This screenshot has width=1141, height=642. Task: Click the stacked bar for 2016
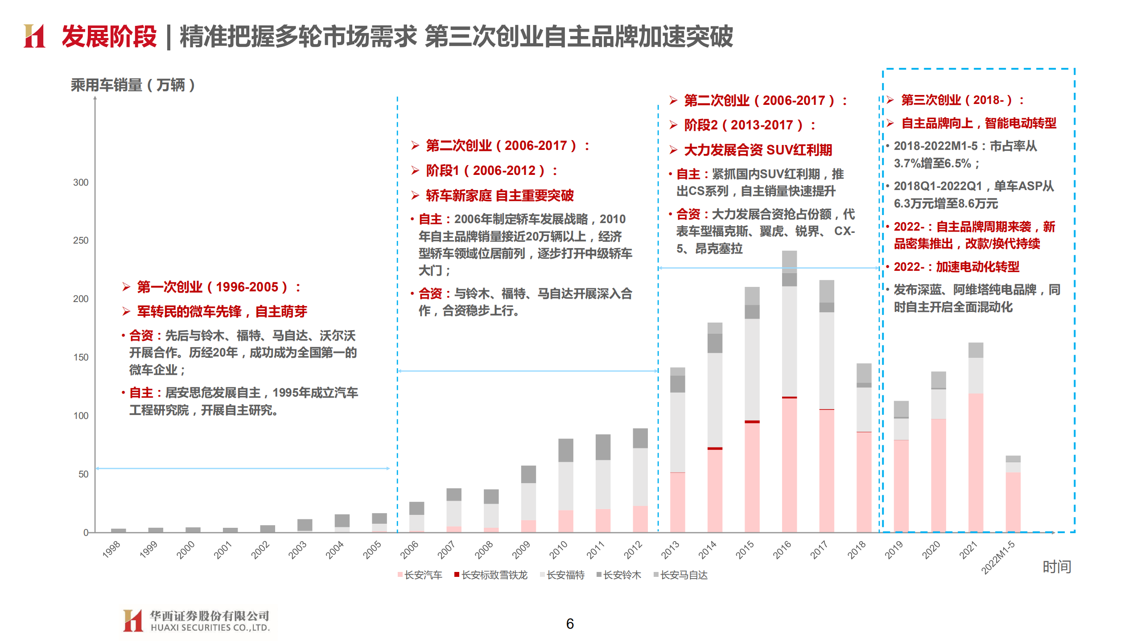point(789,393)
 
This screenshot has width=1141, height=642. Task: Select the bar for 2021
point(976,437)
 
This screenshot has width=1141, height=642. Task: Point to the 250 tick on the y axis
point(81,240)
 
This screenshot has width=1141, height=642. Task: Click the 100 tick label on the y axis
point(81,416)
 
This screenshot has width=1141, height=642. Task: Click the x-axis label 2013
point(670,550)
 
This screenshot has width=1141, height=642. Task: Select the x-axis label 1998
point(111,550)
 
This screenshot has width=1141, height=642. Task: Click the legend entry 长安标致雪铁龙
point(490,575)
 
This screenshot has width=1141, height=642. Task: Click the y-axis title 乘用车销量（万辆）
point(133,85)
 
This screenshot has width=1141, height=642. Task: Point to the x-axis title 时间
point(1056,567)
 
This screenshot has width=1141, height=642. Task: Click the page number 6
point(570,623)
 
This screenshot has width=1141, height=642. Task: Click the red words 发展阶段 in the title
point(109,37)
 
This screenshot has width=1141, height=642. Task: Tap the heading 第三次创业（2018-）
point(957,100)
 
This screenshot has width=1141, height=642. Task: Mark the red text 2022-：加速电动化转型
point(956,267)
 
